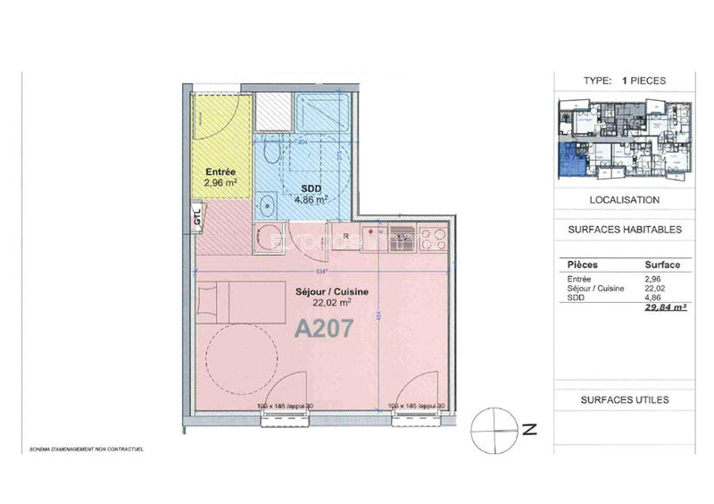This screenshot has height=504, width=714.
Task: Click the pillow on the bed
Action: (206, 301)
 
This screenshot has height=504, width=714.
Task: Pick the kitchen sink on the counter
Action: (399, 239)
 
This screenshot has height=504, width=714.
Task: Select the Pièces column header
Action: (582, 265)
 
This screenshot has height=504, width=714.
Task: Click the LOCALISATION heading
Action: (624, 200)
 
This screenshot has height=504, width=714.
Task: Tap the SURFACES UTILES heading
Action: (624, 400)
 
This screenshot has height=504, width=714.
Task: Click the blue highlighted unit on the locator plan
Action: (569, 162)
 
